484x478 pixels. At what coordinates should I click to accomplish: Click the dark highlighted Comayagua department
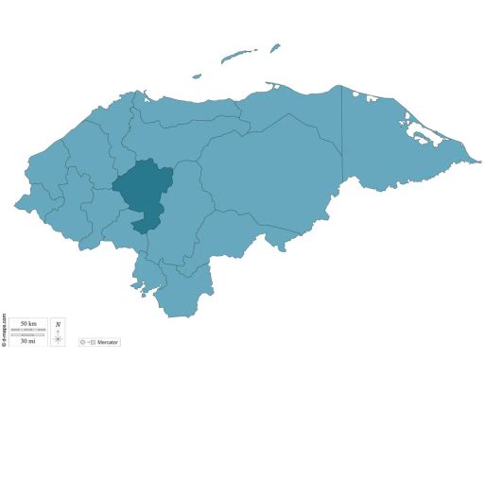(x=144, y=187)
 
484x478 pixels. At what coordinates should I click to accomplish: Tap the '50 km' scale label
(x=28, y=324)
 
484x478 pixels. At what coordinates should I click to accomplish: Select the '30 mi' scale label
(x=28, y=340)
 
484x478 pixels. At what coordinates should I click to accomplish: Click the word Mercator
(x=108, y=342)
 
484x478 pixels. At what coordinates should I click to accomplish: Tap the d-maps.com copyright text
(x=4, y=330)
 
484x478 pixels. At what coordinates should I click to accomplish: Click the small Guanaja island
(x=274, y=47)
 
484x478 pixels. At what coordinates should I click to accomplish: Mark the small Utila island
(x=197, y=77)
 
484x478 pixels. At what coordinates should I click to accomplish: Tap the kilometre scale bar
(x=28, y=330)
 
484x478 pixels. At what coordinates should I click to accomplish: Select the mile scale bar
(x=28, y=334)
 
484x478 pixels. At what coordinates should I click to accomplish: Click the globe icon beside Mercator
(x=83, y=342)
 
